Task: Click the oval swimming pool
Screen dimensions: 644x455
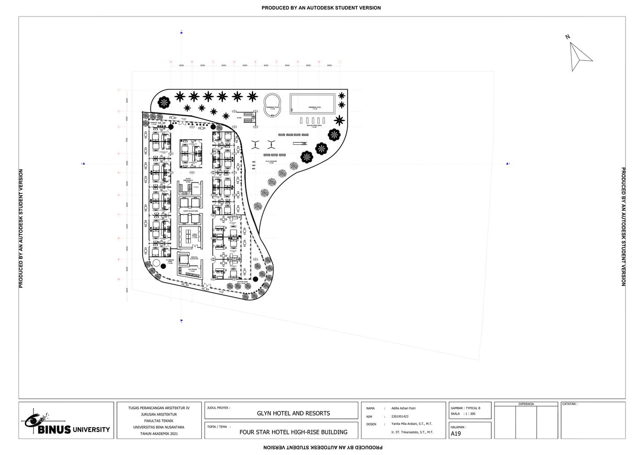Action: [272, 103]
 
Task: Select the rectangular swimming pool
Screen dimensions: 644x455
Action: [312, 103]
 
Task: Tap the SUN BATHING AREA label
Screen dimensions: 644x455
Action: [314, 126]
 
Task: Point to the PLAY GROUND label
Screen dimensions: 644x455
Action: [271, 162]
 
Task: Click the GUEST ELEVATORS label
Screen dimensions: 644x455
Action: [190, 211]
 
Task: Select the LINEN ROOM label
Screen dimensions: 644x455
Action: [194, 237]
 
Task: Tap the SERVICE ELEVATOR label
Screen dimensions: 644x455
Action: [194, 258]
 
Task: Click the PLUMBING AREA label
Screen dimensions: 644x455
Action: [170, 262]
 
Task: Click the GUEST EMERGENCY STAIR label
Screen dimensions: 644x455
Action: [188, 181]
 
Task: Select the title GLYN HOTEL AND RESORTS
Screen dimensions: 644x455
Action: [293, 413]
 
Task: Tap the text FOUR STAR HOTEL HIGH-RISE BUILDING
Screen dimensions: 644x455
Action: [293, 432]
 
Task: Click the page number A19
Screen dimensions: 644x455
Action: [456, 433]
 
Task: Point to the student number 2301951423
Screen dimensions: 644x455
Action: [400, 417]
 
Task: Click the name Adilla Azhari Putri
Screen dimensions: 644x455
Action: [403, 408]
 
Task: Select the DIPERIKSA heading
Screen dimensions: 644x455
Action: [526, 404]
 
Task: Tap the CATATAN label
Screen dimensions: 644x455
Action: [570, 404]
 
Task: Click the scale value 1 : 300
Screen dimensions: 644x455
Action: [470, 414]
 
